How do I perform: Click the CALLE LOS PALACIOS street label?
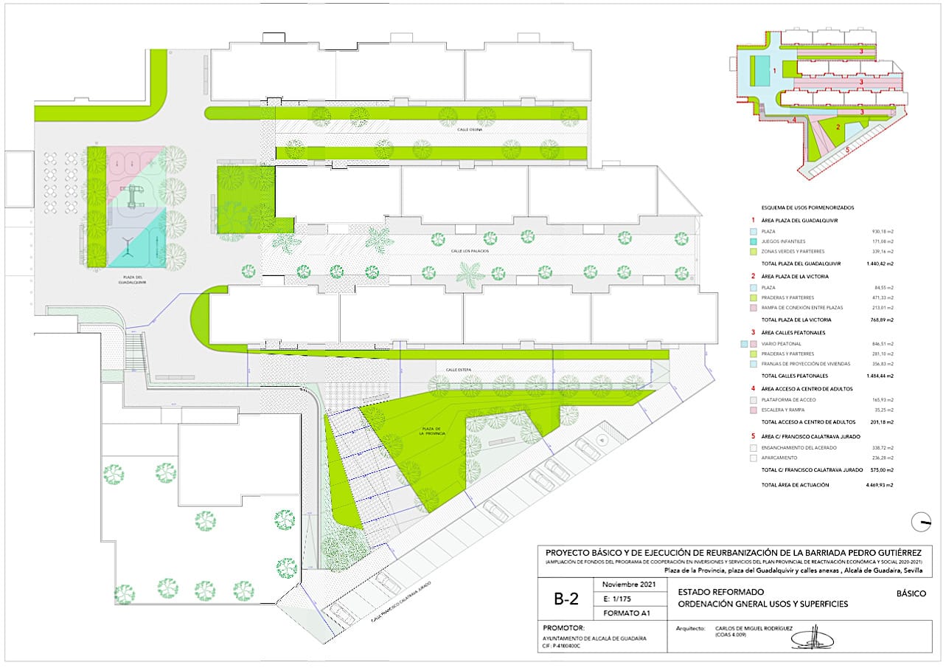coord(469,252)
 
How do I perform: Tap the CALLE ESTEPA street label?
coord(458,368)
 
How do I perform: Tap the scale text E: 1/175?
coord(618,598)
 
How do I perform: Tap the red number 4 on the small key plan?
coord(794,119)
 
